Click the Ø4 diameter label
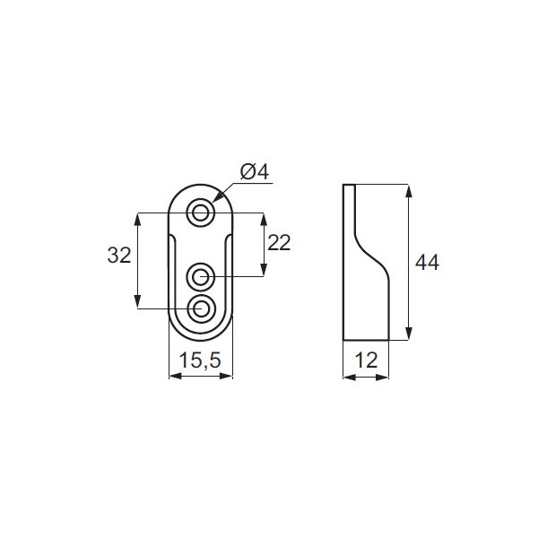click(256, 171)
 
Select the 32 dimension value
click(119, 255)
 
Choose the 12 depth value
click(366, 360)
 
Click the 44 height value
click(427, 262)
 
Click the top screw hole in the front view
click(201, 213)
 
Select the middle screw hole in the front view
click(201, 274)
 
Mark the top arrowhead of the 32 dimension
click(137, 217)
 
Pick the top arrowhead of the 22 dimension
click(263, 217)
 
